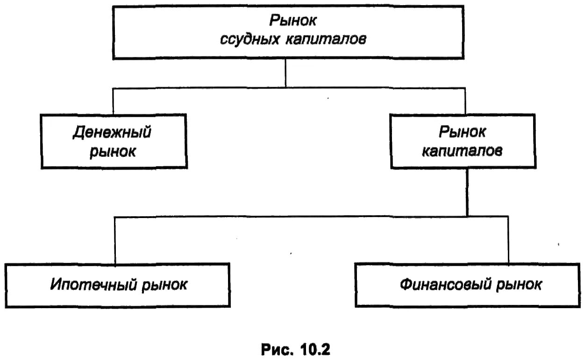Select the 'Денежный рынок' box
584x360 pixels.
pos(114,141)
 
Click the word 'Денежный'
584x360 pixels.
pos(113,133)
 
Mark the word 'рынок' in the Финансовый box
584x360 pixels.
pos(518,285)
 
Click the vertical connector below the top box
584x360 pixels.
pos(285,74)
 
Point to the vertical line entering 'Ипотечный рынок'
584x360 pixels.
pos(115,240)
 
